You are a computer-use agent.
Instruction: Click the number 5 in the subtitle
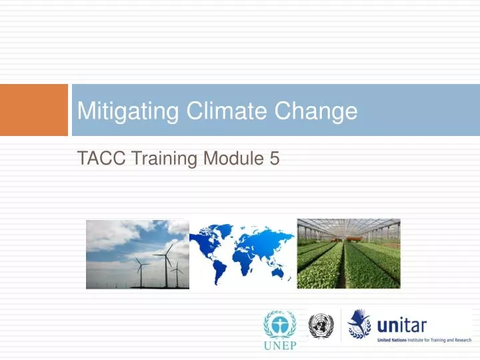274,159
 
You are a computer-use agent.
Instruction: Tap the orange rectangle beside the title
33,109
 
